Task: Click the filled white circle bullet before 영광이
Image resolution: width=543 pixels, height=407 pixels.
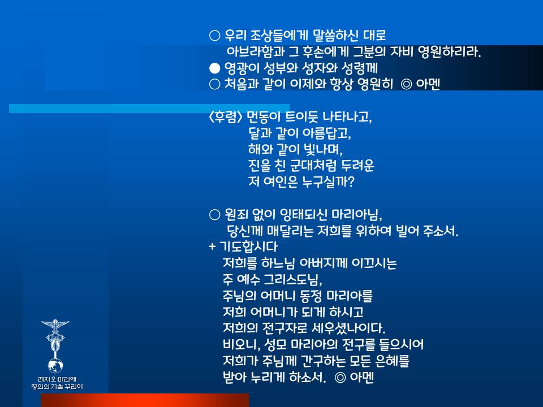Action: tap(215, 68)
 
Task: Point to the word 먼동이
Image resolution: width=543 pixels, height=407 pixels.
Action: tap(263, 117)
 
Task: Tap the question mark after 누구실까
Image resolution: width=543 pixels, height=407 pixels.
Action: tap(351, 181)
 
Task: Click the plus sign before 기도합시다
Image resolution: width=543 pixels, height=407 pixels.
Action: tap(212, 247)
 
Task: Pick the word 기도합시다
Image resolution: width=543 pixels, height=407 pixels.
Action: tap(249, 247)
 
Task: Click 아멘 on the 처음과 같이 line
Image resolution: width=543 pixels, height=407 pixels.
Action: tap(428, 84)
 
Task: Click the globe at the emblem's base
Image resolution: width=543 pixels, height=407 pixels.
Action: tap(55, 365)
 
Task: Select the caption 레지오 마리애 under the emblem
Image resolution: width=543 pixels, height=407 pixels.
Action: tap(57, 379)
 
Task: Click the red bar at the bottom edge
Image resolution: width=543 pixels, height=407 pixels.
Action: tap(145, 400)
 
